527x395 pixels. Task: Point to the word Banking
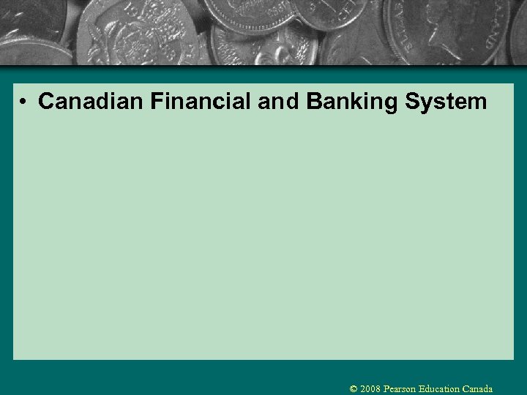(351, 102)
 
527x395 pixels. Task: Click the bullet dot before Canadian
(25, 102)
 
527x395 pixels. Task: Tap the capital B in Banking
(315, 102)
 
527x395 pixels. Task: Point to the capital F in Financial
(157, 102)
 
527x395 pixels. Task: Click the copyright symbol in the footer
(354, 389)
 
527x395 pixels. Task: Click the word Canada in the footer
(477, 389)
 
